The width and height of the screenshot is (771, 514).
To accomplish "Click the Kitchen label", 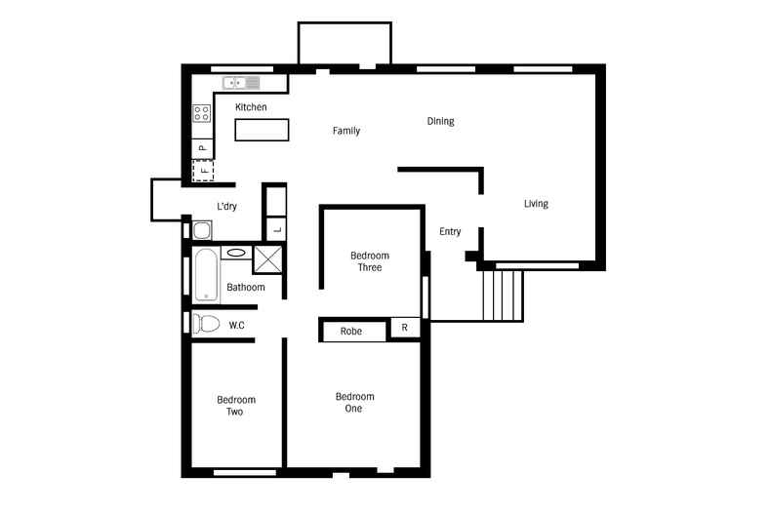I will pos(251,107).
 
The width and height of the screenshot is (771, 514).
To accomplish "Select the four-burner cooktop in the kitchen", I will pos(202,113).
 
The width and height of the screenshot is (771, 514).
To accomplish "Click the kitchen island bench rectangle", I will pos(262,130).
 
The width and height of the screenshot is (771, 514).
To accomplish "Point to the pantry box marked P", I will pos(202,148).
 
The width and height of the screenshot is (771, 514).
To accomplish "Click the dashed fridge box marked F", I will pos(202,172).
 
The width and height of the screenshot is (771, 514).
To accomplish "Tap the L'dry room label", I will pos(226,206).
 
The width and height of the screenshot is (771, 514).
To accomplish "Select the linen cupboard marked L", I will pos(276,229).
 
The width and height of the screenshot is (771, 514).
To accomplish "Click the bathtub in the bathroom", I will pos(207,275).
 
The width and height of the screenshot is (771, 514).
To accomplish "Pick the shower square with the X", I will pos(266,258).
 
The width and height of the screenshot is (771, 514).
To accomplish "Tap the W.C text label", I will pos(236,325).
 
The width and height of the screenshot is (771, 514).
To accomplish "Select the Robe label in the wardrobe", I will pos(351,332).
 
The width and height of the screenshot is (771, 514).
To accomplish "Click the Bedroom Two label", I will pos(236,406).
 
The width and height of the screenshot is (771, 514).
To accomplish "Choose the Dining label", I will pos(440,121).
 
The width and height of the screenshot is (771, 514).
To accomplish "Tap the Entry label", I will pos(450,231).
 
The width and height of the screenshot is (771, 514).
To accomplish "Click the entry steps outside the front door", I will pos(505,295).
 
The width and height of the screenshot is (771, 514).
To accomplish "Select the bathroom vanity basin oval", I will pos(235,253).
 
